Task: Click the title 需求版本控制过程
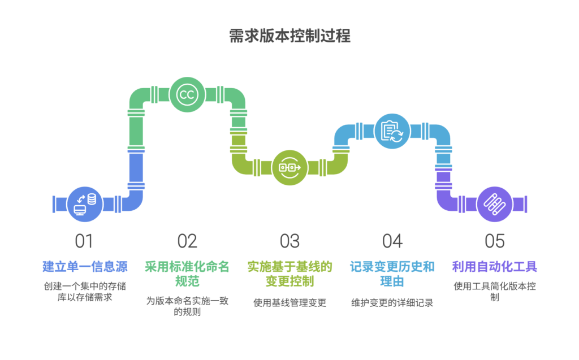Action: (289, 36)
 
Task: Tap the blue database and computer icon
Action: (85, 204)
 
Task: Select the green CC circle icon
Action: (187, 94)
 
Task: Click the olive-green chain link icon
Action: (289, 167)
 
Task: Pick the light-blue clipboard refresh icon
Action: (392, 131)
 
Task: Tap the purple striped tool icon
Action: (494, 204)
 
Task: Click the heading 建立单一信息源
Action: (85, 266)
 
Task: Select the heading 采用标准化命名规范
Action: (187, 273)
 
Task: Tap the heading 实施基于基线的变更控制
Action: (289, 273)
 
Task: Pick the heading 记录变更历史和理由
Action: (392, 273)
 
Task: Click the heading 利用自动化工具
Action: (494, 266)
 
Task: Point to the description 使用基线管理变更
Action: (289, 302)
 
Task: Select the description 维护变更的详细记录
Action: (392, 302)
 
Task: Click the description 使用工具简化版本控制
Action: (494, 291)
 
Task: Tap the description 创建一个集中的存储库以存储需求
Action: (85, 291)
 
